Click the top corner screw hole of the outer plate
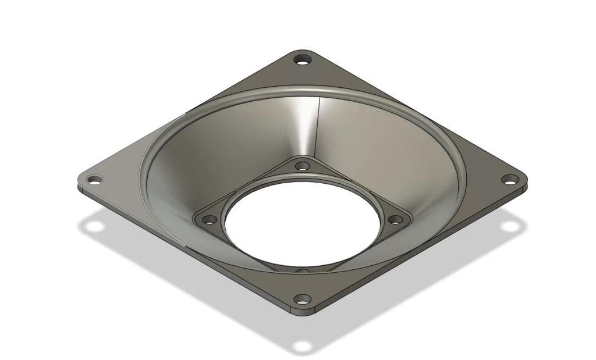(302, 59)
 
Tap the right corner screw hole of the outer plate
(510, 179)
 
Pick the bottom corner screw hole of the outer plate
(302, 300)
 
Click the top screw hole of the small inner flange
(302, 166)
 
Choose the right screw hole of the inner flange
(395, 220)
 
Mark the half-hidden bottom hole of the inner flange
(302, 270)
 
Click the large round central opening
(302, 224)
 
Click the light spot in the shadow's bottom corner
(302, 347)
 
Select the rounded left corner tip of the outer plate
(79, 181)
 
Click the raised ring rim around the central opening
(302, 176)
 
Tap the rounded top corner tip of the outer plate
(302, 51)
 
